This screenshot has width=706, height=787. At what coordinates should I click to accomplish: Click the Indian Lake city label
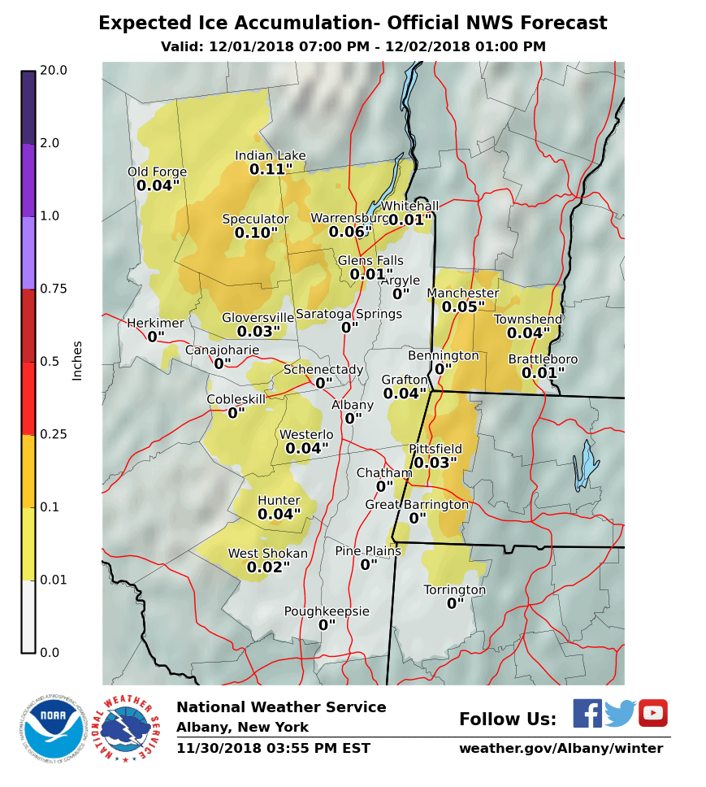coord(271,155)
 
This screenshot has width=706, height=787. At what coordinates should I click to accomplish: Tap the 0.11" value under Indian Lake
coord(271,170)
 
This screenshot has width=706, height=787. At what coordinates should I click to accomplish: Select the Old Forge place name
coord(157,172)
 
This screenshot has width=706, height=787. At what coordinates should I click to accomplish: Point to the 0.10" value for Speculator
coord(256,233)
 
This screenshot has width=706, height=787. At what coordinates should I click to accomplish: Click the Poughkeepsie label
coord(327,611)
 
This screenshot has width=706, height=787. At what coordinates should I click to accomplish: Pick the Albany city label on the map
coord(353,405)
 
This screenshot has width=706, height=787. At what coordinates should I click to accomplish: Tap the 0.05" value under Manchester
coord(463,307)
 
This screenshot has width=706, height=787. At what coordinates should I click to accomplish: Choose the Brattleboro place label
coord(543,359)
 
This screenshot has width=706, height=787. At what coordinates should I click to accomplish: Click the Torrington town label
coord(455,590)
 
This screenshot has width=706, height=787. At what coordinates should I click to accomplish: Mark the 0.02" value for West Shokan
coord(268,567)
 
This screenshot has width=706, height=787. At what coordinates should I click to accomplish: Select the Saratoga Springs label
coord(349,314)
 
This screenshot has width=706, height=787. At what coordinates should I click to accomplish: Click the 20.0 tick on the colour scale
coord(54,71)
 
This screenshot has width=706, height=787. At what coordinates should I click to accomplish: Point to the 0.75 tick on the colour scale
coord(54,289)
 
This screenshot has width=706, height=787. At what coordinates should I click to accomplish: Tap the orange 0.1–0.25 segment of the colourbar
coord(28,472)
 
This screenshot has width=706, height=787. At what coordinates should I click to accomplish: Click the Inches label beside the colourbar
coord(78,360)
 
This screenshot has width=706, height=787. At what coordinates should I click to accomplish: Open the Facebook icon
coord(587,713)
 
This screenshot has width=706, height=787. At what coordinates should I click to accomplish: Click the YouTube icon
coord(652,713)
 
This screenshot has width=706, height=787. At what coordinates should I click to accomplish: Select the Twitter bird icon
coord(620,713)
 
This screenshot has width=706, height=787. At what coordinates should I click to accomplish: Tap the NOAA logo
coord(54,728)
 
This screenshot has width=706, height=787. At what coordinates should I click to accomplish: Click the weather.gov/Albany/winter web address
coord(561,748)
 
